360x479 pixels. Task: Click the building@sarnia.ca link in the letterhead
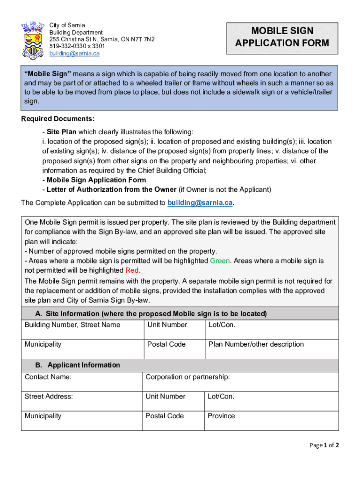[75, 53]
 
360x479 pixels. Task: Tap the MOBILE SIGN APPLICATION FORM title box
[282, 37]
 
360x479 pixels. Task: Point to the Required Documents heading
[58, 118]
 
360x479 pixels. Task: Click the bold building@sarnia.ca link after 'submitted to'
[200, 203]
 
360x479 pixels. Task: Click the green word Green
[220, 261]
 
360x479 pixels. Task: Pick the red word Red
[133, 270]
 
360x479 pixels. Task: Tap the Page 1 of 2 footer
[324, 445]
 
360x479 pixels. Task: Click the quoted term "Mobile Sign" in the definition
[48, 74]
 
